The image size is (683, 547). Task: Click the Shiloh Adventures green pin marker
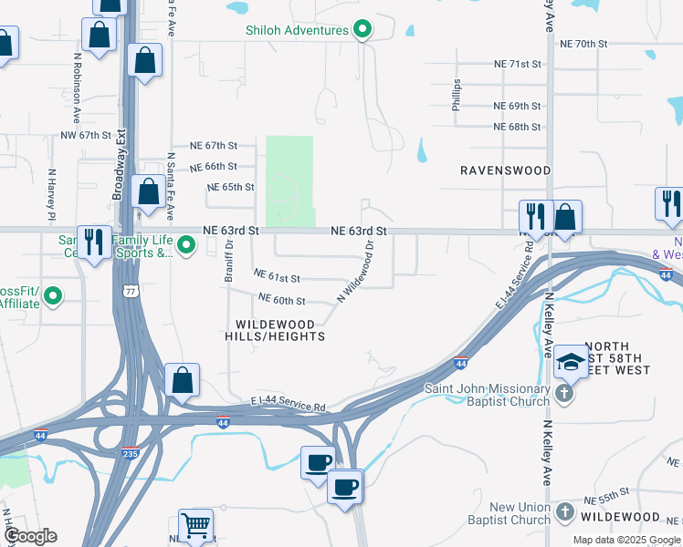[363, 30]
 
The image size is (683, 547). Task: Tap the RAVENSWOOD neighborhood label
[505, 170]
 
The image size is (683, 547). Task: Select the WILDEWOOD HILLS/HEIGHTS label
[280, 330]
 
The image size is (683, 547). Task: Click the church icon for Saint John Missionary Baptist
[564, 393]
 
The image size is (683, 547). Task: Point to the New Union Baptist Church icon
[564, 512]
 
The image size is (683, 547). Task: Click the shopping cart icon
[195, 525]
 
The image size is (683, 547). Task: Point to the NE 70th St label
[583, 44]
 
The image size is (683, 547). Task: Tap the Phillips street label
[457, 95]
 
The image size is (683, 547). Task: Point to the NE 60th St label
[281, 299]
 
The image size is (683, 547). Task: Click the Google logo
[31, 536]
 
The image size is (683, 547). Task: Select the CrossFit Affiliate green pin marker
[53, 296]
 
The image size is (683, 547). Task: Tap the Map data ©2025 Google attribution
[626, 540]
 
